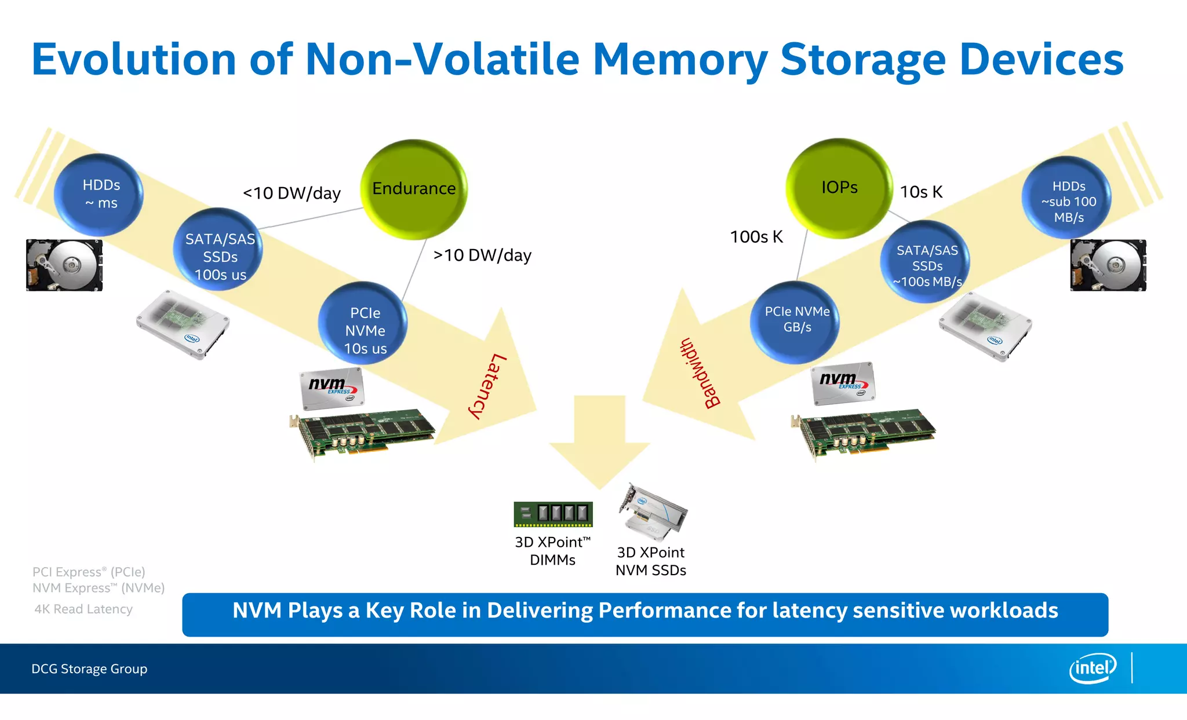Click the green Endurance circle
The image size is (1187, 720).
click(414, 189)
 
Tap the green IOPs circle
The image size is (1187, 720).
click(839, 188)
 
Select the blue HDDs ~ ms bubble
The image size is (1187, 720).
click(100, 194)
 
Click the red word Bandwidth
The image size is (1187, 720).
click(700, 374)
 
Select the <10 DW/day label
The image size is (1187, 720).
click(292, 193)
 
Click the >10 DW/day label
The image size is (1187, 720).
click(482, 255)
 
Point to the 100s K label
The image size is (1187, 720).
click(756, 236)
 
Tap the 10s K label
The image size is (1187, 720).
click(920, 192)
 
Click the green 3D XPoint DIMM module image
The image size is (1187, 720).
click(553, 514)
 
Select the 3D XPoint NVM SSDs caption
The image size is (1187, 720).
click(650, 561)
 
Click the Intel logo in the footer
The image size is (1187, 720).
click(1092, 668)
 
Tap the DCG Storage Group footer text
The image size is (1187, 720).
click(89, 668)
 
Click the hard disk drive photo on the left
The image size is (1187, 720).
click(64, 265)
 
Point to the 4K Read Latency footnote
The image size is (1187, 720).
click(83, 609)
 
